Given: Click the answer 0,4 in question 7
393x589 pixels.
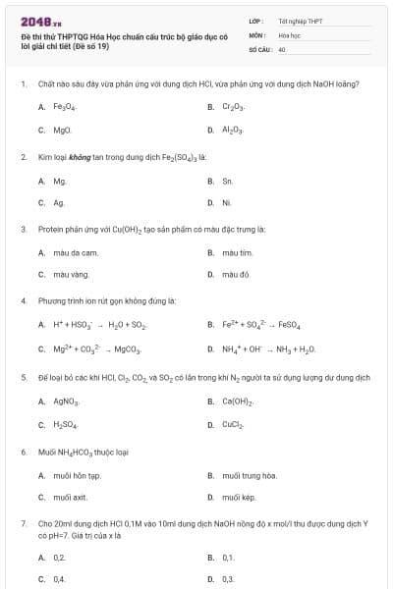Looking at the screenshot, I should point(59,579).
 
